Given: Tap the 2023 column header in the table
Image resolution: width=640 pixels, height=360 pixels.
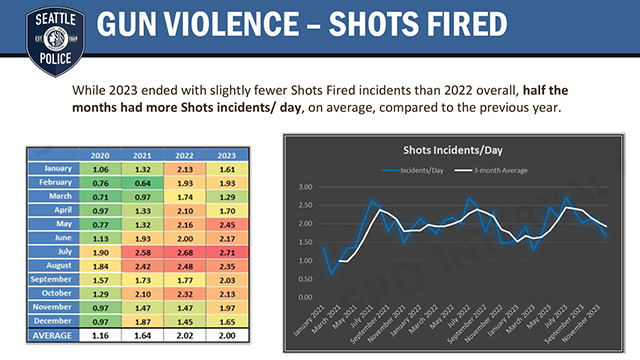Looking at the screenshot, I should pyautogui.click(x=225, y=155).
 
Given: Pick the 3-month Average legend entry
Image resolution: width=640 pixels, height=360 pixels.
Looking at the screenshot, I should pyautogui.click(x=500, y=169).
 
